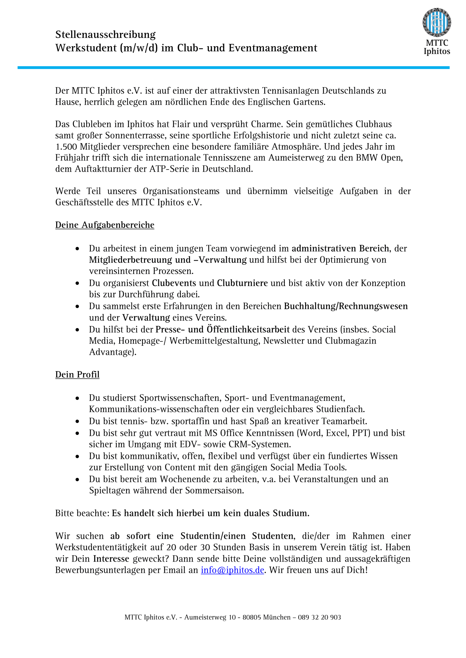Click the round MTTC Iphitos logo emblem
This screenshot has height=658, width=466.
point(436,22)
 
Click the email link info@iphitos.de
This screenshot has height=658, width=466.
point(232,570)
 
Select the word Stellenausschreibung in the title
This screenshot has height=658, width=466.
point(105,35)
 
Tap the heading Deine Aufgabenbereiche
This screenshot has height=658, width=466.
point(105,225)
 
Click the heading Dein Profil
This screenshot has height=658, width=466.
point(77,374)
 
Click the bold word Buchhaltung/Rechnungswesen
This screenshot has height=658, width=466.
point(346,306)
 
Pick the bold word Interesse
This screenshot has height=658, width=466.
point(111,559)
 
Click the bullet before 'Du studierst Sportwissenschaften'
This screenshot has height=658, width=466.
point(77,398)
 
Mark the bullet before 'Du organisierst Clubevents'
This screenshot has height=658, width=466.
point(77,284)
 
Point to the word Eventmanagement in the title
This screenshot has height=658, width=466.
point(273,48)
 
